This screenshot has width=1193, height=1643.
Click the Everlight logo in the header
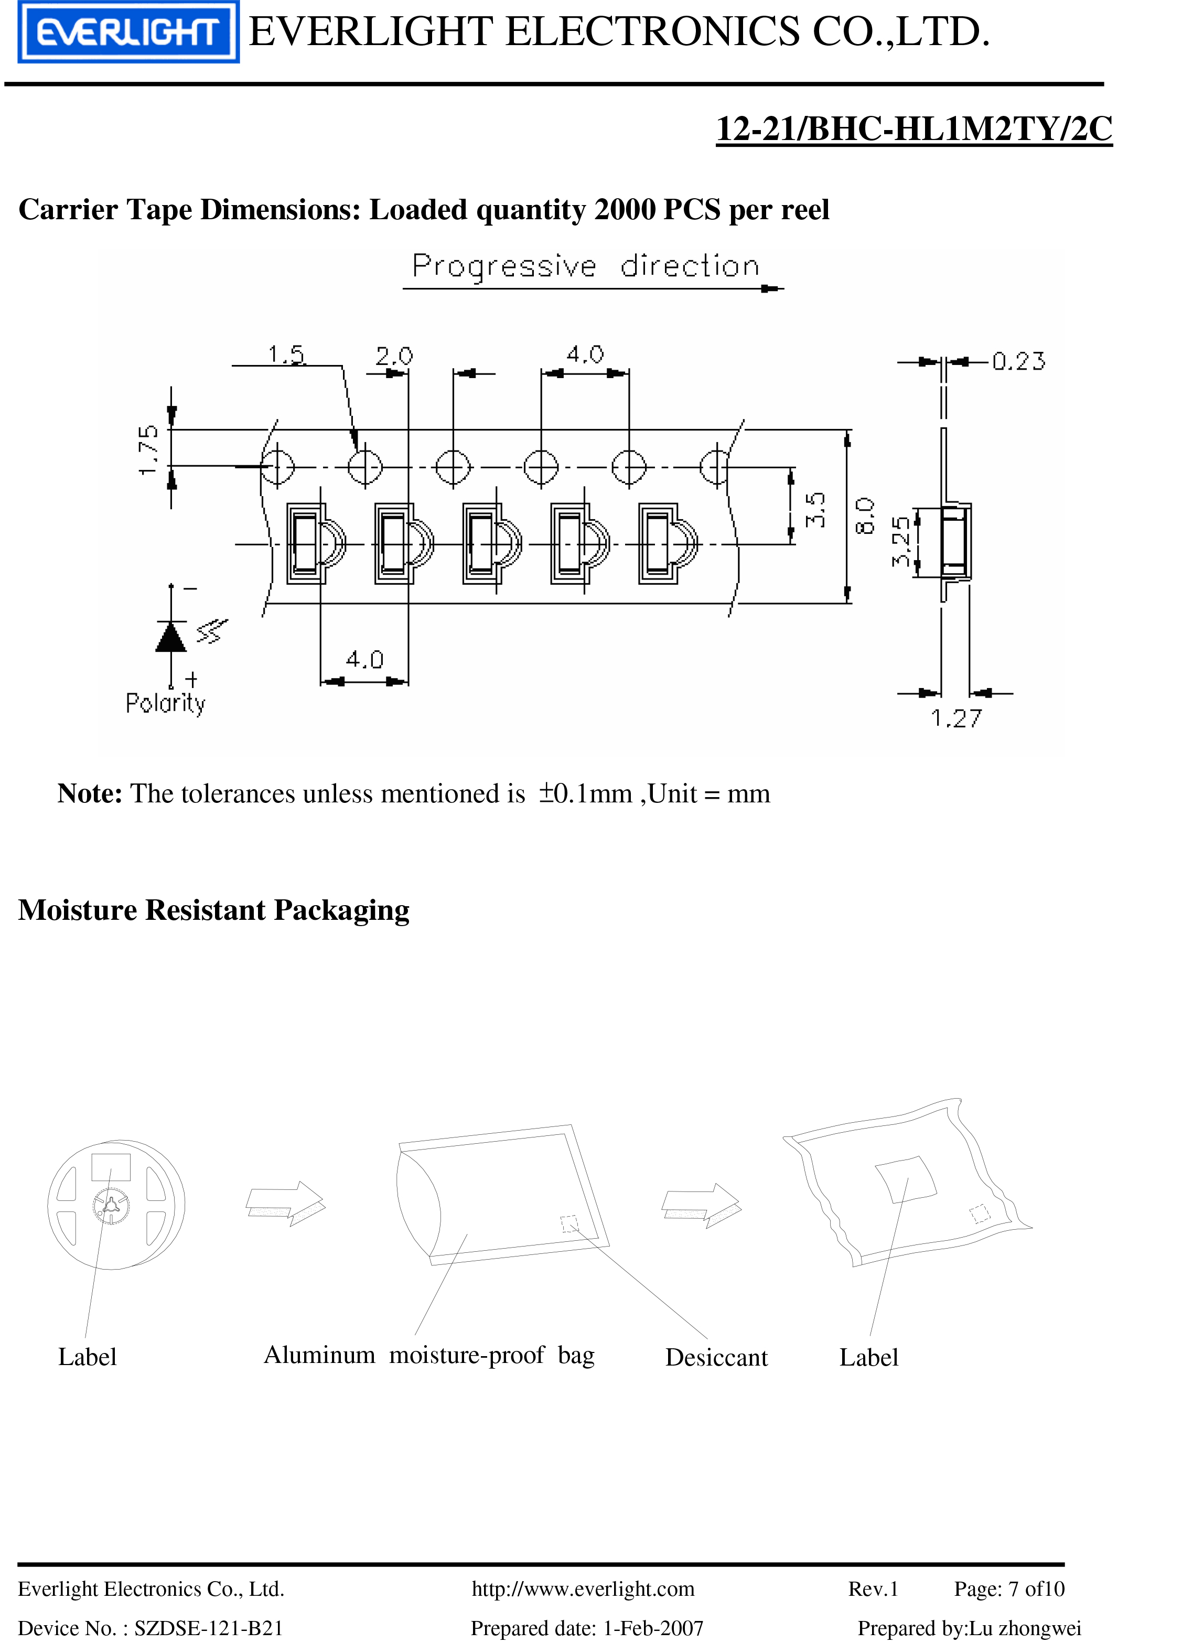pyautogui.click(x=128, y=32)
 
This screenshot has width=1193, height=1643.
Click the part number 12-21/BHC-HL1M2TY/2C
pyautogui.click(x=913, y=129)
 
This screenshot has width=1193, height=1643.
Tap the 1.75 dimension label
pyautogui.click(x=148, y=450)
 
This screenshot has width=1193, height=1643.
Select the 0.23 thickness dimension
pyautogui.click(x=1018, y=361)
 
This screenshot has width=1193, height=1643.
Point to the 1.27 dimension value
pyautogui.click(x=956, y=718)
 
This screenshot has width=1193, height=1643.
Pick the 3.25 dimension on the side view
pyautogui.click(x=900, y=541)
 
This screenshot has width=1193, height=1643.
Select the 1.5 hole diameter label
pyautogui.click(x=287, y=355)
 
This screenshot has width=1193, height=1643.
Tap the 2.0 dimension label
pyautogui.click(x=393, y=356)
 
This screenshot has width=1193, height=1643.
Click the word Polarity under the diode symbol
pyautogui.click(x=165, y=703)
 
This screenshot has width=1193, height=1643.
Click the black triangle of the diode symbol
pyautogui.click(x=171, y=637)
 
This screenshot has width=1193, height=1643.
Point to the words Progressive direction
pyautogui.click(x=585, y=266)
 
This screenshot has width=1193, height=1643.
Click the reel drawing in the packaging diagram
pyautogui.click(x=116, y=1204)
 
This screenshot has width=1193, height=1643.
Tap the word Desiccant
pyautogui.click(x=716, y=1357)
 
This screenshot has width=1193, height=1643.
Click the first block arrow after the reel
pyautogui.click(x=285, y=1203)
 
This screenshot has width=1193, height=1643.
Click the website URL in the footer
pyautogui.click(x=583, y=1588)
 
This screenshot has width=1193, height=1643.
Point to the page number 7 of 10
pyautogui.click(x=1009, y=1588)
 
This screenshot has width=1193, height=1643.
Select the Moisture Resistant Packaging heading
pyautogui.click(x=213, y=910)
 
